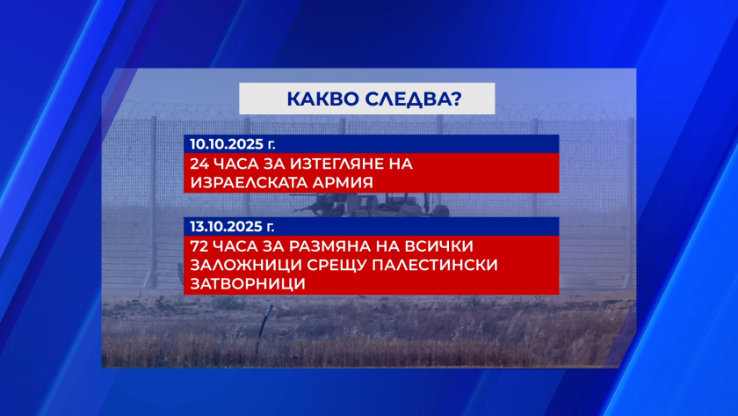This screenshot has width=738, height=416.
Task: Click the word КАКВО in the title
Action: click(x=322, y=99)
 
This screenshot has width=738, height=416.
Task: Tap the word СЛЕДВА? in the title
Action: click(x=414, y=99)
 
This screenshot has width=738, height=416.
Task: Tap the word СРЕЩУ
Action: click(x=336, y=266)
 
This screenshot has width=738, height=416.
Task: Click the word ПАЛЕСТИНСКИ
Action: click(x=435, y=265)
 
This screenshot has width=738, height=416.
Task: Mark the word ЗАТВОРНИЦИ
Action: click(x=248, y=283)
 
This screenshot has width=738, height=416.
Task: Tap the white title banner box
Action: click(x=367, y=99)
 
